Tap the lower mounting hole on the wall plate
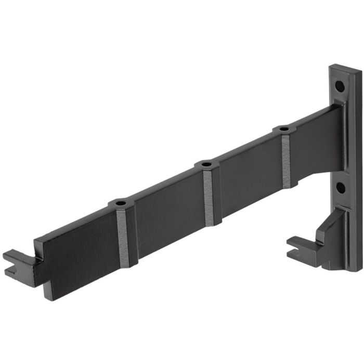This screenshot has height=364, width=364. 340,188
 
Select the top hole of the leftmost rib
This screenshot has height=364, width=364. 121,202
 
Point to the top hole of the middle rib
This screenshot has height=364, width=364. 207,165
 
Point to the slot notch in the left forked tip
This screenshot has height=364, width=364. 11,271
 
